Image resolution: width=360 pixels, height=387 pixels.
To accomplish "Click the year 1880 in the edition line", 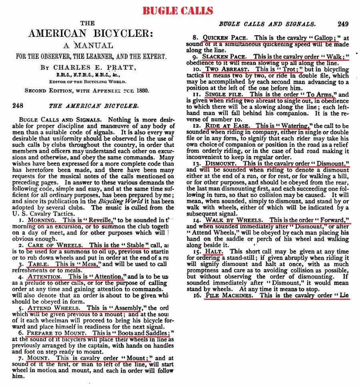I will click(x=142, y=90).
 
